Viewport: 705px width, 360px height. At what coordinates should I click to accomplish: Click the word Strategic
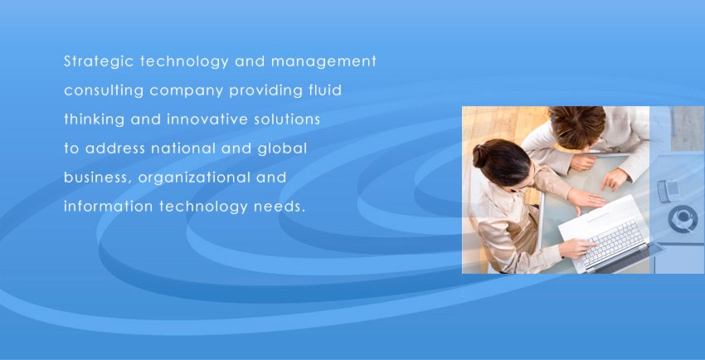point(99,62)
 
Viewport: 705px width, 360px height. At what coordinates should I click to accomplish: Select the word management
point(323,62)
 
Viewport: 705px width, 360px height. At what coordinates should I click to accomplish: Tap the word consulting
point(104,91)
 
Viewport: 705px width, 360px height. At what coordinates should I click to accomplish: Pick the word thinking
point(94,120)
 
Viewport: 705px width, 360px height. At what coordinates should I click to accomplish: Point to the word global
point(282,149)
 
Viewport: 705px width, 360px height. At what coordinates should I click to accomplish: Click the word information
point(109,207)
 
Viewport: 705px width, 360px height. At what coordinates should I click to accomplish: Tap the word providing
point(265,91)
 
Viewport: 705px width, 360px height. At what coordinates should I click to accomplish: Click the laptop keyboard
point(612,243)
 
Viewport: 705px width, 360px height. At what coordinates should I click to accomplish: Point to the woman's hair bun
point(479,156)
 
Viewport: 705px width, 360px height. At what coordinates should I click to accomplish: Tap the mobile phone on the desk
point(669,191)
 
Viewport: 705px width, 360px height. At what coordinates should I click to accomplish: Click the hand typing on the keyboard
point(578,248)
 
